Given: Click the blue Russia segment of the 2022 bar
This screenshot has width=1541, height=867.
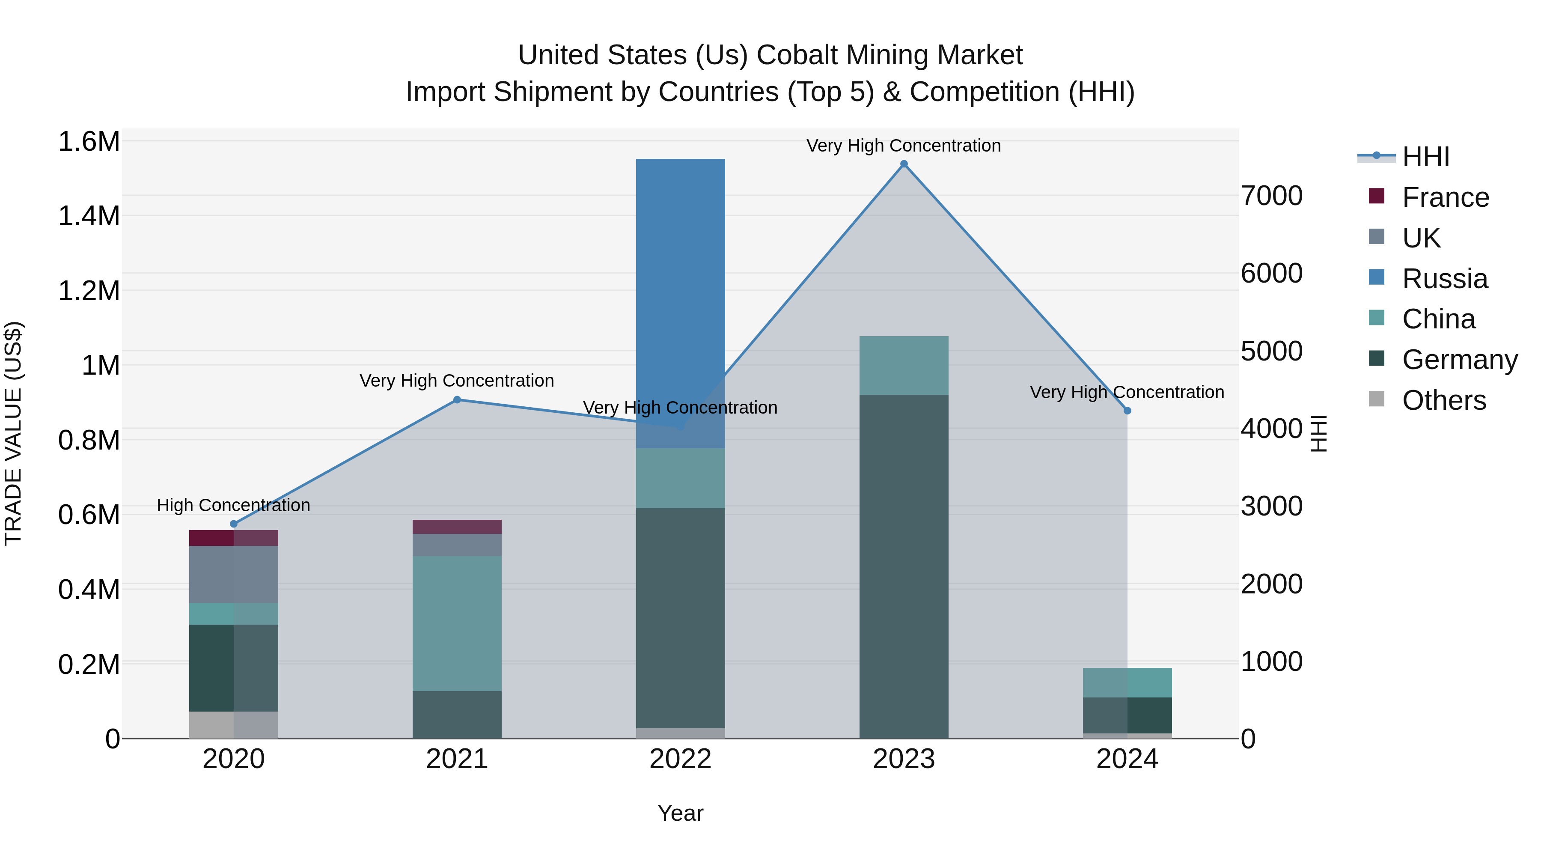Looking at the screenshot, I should tap(680, 299).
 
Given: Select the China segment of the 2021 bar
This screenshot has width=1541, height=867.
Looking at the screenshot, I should tap(457, 623).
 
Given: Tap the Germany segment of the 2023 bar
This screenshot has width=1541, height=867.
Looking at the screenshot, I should tap(903, 566).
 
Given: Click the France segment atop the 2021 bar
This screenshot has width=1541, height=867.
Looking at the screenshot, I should tap(457, 527).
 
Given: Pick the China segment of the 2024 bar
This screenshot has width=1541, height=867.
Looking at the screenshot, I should tap(1127, 683).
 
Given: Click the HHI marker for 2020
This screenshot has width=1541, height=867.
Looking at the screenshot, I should tap(234, 524).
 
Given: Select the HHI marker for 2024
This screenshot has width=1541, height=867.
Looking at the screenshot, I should tap(1127, 411).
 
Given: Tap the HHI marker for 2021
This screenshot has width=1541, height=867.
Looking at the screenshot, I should tap(457, 400).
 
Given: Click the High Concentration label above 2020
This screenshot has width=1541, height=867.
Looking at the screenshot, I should tap(233, 505).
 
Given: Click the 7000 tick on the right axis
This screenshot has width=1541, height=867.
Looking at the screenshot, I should tap(1272, 196).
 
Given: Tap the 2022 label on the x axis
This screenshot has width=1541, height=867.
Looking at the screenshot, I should tap(680, 759).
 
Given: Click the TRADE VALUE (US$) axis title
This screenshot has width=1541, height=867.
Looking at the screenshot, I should tap(13, 433).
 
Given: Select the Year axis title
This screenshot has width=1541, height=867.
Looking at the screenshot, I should tap(680, 813).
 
